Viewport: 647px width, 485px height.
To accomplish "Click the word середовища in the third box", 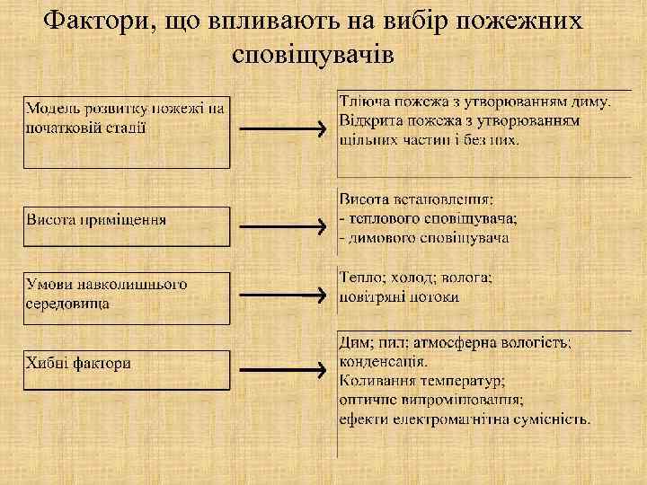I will coord(68,303).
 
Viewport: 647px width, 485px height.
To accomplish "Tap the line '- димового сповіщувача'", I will coord(424,237).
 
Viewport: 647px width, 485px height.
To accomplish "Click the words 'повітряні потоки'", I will coord(399,296).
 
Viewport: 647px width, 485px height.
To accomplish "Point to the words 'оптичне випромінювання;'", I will coord(431,400).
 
